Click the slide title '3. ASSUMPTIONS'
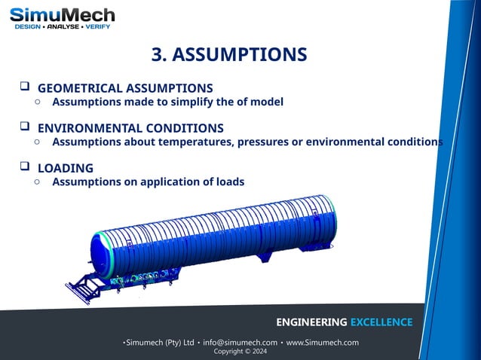click(x=229, y=55)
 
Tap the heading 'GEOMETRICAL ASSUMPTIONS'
click(x=125, y=87)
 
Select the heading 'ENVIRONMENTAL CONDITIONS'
click(x=130, y=127)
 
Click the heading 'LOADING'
click(x=66, y=167)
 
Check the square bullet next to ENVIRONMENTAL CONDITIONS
click(x=24, y=127)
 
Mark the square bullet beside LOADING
click(x=24, y=166)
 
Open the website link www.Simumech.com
click(x=322, y=343)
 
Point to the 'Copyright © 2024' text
click(x=240, y=352)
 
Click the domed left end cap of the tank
click(x=103, y=249)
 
